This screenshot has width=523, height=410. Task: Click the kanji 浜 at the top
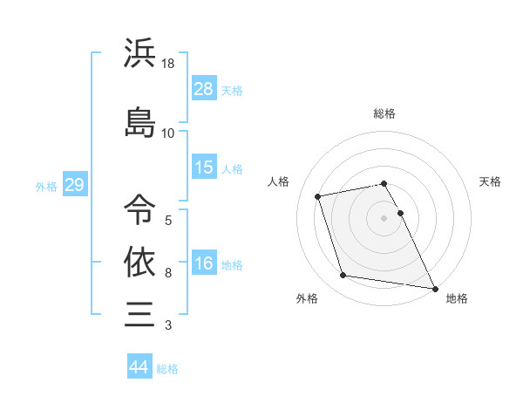tap(139, 53)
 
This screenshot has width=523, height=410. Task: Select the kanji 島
tap(139, 122)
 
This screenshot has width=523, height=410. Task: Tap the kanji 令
tap(139, 208)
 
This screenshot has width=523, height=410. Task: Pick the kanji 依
tap(139, 261)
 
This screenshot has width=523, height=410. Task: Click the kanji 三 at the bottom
tap(139, 313)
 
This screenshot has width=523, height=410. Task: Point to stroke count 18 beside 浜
tap(168, 64)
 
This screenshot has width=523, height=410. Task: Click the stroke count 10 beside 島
tap(168, 133)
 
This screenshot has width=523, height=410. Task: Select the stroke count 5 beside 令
tap(167, 219)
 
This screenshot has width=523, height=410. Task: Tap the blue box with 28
tap(204, 89)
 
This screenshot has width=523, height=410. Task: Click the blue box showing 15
tap(204, 167)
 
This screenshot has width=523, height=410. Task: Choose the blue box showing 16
tap(204, 263)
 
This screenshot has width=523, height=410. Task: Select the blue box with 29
tap(74, 185)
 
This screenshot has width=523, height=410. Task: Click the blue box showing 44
tap(139, 367)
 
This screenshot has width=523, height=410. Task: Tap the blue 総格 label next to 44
tap(167, 369)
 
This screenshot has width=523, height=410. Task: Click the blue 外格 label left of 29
tap(46, 186)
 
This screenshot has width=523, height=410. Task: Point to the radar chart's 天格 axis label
tap(490, 181)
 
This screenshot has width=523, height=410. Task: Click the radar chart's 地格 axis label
tap(457, 298)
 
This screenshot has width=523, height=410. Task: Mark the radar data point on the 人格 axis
tap(318, 195)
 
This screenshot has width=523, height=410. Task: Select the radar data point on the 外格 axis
tap(343, 276)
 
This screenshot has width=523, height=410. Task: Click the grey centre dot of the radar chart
tap(384, 217)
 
